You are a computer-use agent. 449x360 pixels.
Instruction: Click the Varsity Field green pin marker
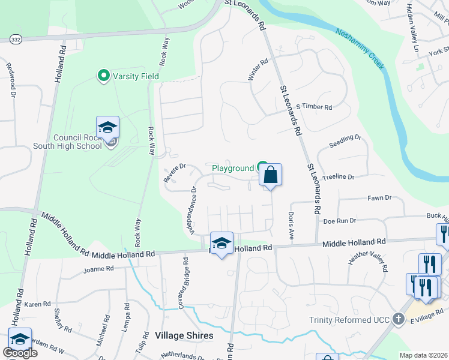[103, 76]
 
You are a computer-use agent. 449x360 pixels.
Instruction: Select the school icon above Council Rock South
[107, 127]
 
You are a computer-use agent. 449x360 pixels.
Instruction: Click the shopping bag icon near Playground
[270, 175]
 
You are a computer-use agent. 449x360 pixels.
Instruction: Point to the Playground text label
[233, 169]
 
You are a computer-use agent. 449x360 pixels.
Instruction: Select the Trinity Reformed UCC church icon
[399, 320]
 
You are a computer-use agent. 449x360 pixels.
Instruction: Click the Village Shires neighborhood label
[184, 335]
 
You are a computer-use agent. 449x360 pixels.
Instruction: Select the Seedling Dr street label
[346, 142]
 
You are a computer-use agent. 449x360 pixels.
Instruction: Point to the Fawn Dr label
[379, 197]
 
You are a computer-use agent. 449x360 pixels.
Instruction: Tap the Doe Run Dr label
[340, 221]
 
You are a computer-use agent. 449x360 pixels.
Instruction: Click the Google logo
[20, 353]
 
